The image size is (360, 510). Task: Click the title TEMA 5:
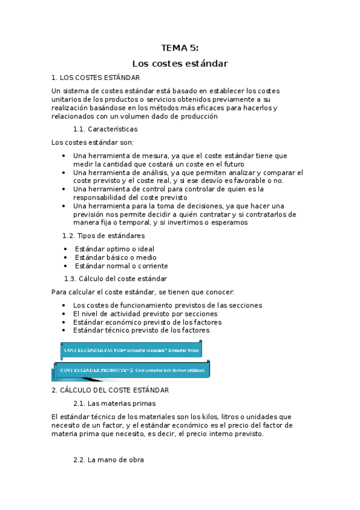click(180, 48)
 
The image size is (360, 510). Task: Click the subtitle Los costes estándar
click(180, 63)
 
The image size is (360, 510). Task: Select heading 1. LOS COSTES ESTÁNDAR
click(96, 78)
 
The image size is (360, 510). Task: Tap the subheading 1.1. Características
click(105, 129)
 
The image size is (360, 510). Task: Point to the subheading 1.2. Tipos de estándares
click(103, 236)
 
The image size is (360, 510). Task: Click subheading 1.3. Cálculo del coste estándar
click(115, 278)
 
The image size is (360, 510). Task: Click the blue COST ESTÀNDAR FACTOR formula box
click(131, 349)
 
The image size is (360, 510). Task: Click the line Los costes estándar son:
click(93, 143)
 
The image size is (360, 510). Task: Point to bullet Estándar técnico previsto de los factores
click(141, 330)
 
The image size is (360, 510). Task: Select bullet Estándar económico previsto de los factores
click(147, 322)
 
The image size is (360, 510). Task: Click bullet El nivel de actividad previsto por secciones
click(145, 313)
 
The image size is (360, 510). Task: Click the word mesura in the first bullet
click(157, 155)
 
